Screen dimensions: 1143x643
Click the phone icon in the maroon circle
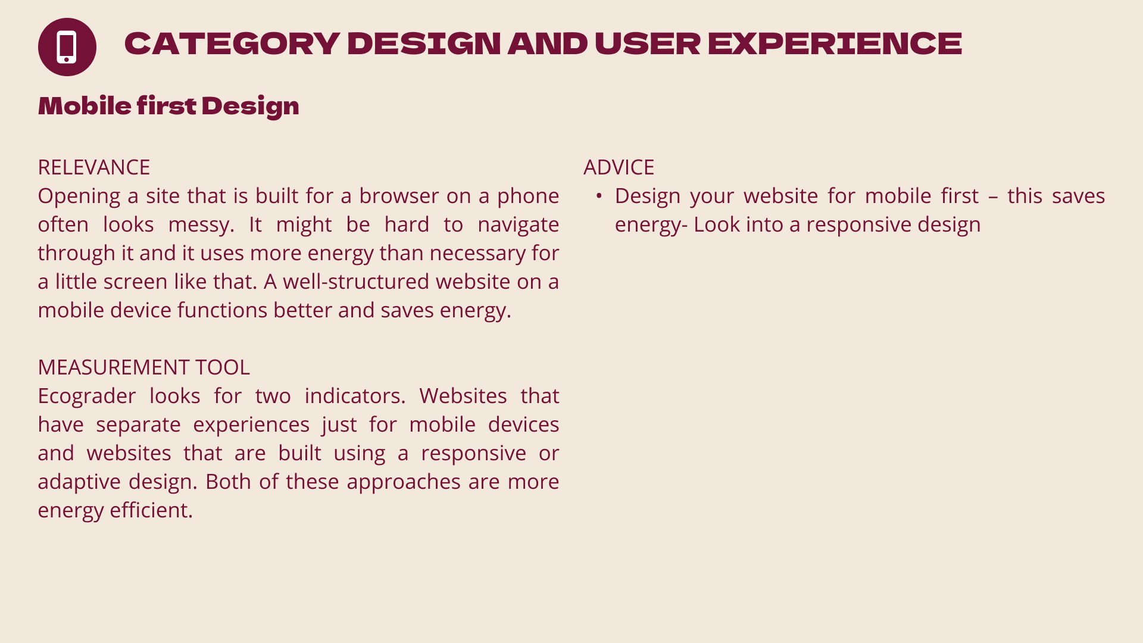(67, 46)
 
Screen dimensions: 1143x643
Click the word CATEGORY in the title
(232, 43)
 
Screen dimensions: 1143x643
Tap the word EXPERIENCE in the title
(835, 43)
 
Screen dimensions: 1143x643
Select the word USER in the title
(647, 43)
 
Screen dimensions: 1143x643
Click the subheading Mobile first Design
(168, 106)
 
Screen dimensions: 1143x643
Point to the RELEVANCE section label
(93, 167)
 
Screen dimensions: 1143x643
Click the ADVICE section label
(619, 167)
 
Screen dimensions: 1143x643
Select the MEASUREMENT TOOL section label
(143, 367)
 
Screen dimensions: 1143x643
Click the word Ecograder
(87, 397)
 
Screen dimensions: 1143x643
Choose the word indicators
(355, 396)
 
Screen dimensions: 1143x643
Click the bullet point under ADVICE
(599, 196)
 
